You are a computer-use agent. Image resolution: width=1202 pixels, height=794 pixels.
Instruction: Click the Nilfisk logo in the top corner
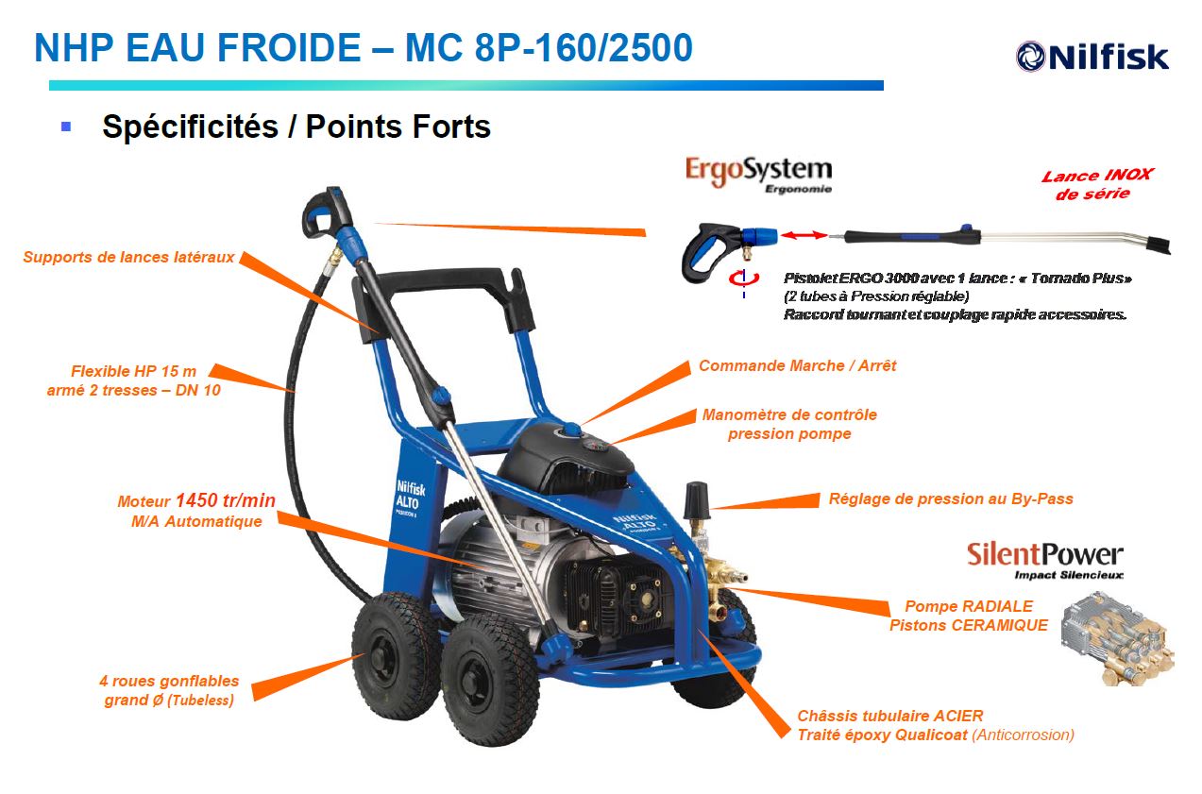[1092, 56]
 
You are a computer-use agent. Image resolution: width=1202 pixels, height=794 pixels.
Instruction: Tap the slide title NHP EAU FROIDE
[363, 48]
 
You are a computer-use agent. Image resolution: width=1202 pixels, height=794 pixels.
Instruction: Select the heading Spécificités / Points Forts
[296, 127]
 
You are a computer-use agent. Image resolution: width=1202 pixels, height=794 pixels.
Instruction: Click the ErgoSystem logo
[758, 174]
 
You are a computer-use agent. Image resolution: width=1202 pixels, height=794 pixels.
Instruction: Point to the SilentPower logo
[1044, 558]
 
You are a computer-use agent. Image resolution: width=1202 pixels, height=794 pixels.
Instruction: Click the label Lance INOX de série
[1096, 184]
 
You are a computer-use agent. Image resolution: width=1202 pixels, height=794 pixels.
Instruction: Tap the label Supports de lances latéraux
[128, 257]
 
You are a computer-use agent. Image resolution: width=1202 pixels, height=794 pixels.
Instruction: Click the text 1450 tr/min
[226, 500]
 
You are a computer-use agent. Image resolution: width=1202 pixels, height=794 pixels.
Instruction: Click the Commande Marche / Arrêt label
[797, 365]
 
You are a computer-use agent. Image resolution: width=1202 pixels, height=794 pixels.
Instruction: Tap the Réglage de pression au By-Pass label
[951, 498]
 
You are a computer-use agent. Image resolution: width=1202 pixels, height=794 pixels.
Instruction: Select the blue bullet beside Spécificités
[66, 126]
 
